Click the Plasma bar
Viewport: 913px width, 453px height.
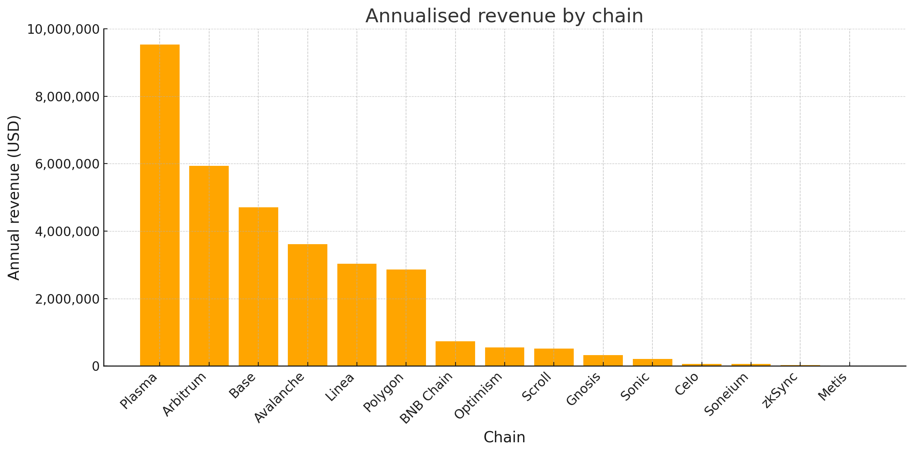(x=160, y=205)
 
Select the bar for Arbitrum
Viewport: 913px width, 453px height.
(x=209, y=266)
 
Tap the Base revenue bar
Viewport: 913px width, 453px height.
(x=258, y=286)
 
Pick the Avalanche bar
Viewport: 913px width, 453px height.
(x=307, y=305)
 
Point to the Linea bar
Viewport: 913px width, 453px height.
(x=357, y=315)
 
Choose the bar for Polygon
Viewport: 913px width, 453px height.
(x=406, y=317)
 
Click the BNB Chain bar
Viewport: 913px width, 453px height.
(x=455, y=354)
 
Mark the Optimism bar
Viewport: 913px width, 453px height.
(x=505, y=357)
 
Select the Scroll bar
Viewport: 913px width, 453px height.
(x=554, y=357)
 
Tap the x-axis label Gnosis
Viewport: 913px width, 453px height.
(x=583, y=389)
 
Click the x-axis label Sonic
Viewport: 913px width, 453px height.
(x=635, y=387)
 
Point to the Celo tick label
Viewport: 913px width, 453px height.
(x=687, y=384)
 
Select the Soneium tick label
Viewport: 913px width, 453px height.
(x=726, y=394)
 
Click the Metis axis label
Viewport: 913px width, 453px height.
(x=832, y=387)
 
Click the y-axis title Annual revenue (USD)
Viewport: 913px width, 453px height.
(x=14, y=198)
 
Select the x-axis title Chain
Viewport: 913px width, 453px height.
(x=504, y=437)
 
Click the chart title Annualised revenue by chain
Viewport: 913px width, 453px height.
(x=504, y=16)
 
